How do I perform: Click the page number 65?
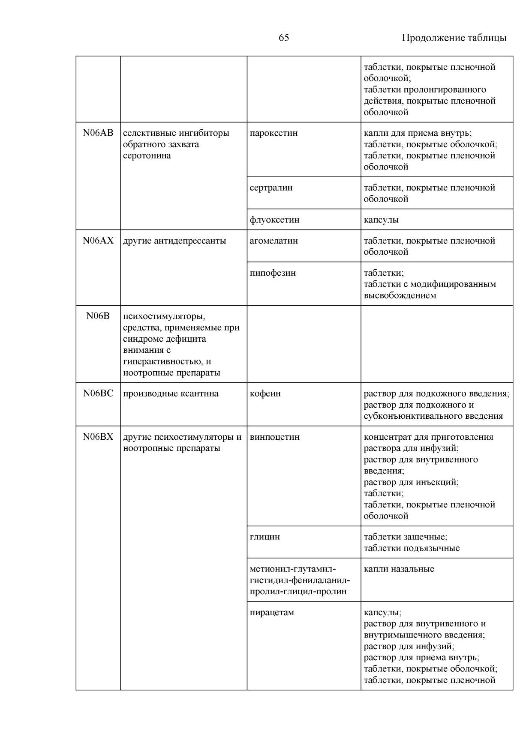pos(284,38)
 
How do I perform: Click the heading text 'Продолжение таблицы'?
pos(454,38)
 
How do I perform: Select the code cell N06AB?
pos(98,133)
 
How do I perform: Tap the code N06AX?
pos(98,241)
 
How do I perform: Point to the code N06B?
pos(98,316)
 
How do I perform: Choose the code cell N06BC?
pos(98,393)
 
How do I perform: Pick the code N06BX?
pos(98,437)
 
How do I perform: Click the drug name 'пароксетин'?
pos(274,133)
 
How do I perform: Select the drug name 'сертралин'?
pos(271,188)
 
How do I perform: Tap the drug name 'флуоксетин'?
pos(274,220)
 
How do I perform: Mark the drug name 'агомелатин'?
pos(274,241)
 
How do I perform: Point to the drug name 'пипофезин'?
pos(273,273)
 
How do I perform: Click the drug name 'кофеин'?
pos(265,393)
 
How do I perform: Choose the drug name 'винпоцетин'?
pos(274,437)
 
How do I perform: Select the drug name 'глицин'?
pos(264,536)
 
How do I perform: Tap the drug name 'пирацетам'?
pos(272,612)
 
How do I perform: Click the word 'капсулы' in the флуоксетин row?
pos(381,220)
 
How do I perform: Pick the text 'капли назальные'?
pos(399,569)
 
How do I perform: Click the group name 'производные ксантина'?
pos(171,393)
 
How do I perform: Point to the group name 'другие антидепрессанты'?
pos(174,241)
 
